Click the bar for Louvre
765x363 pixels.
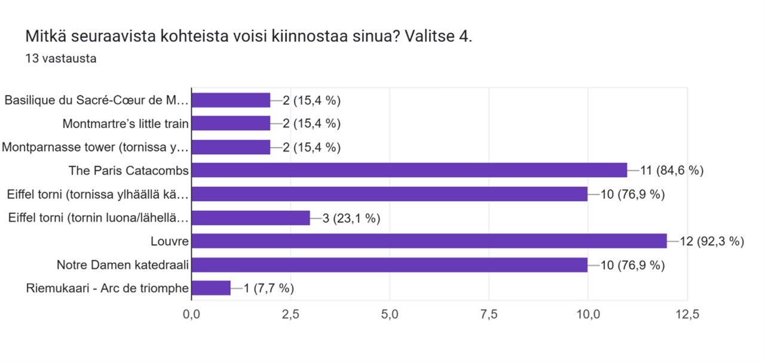coord(429,241)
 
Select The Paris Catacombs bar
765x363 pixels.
coord(409,170)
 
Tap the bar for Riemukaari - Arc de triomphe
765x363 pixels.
coord(211,288)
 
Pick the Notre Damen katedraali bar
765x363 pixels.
coord(390,264)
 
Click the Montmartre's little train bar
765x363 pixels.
coord(231,123)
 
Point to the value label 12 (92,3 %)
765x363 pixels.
coord(712,241)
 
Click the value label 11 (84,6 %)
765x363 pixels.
coord(672,170)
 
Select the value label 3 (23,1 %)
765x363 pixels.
coord(351,218)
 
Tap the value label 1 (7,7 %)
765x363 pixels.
coord(269,288)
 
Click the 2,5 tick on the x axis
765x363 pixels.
coord(290,314)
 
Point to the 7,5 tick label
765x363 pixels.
coord(489,314)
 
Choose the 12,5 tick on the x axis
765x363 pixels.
coord(687,314)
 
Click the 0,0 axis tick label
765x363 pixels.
coord(192,314)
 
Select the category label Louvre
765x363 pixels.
coord(170,241)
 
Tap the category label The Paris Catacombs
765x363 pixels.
coord(128,170)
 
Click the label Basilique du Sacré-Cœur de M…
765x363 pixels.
coord(97,100)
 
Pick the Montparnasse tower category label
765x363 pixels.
coord(95,147)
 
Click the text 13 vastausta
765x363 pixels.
coord(61,59)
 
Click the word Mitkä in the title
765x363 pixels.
coord(46,36)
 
